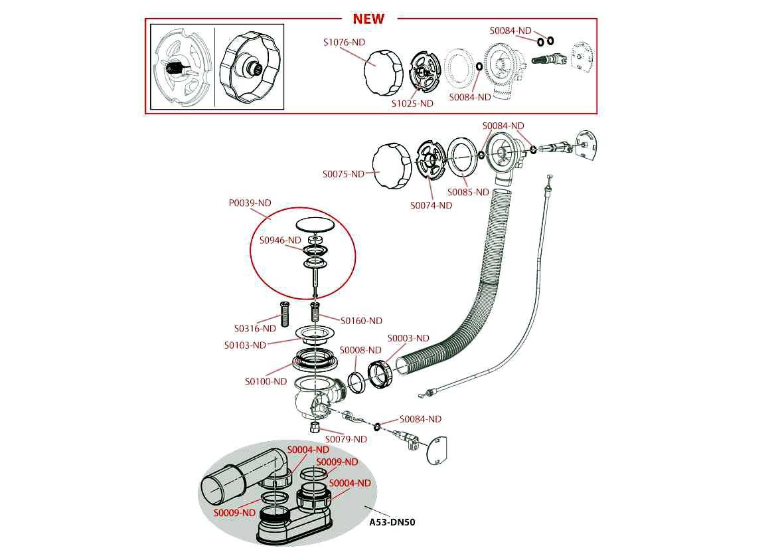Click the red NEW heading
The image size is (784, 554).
click(x=368, y=19)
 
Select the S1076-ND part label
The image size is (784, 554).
click(x=344, y=43)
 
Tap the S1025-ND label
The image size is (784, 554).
click(x=412, y=104)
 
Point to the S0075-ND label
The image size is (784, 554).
click(x=344, y=174)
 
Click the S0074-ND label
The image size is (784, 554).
click(x=431, y=205)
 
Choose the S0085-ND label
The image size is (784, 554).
click(x=468, y=192)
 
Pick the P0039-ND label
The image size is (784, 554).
click(x=250, y=203)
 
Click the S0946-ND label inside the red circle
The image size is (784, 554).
click(x=280, y=240)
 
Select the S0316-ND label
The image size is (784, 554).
click(x=255, y=328)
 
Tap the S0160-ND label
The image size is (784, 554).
click(x=361, y=321)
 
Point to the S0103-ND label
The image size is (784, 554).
click(x=244, y=345)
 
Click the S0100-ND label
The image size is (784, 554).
click(x=266, y=381)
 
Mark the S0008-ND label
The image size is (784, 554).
click(x=360, y=350)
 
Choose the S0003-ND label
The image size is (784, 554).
click(x=408, y=338)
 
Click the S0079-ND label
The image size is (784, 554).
click(x=345, y=439)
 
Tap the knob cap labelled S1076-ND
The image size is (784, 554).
click(x=383, y=66)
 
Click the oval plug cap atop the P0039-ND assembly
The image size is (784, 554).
click(x=315, y=224)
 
